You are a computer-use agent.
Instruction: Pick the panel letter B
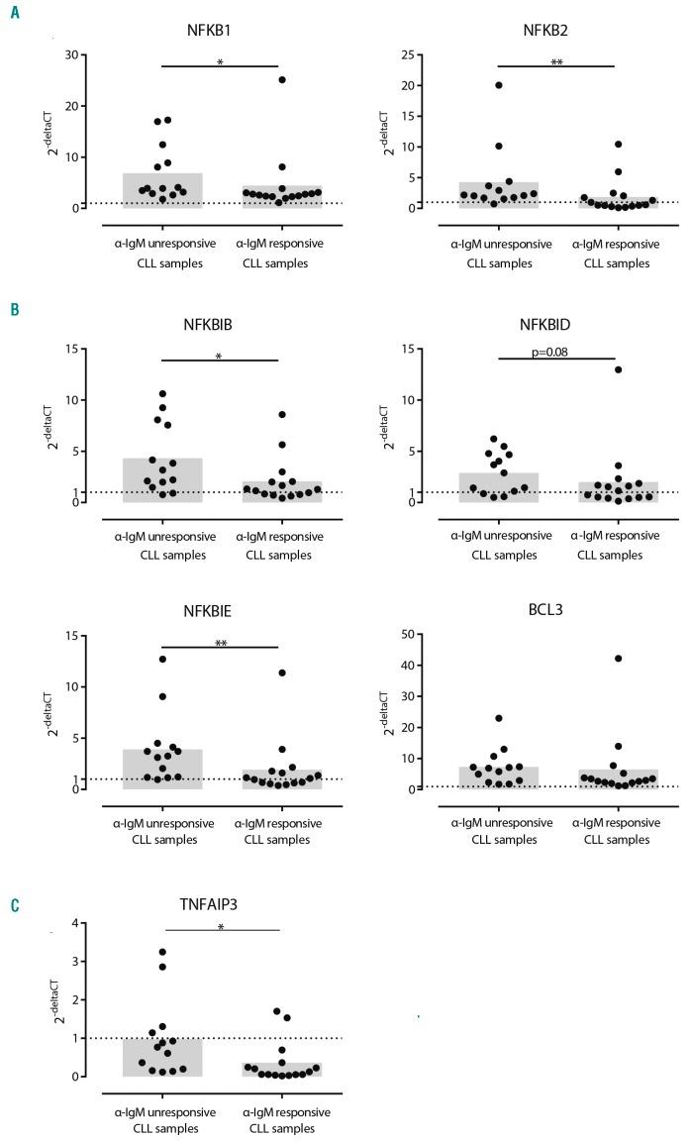[x=15, y=309]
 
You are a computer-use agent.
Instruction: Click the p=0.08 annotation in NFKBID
[x=556, y=349]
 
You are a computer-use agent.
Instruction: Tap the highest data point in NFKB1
[x=282, y=79]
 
